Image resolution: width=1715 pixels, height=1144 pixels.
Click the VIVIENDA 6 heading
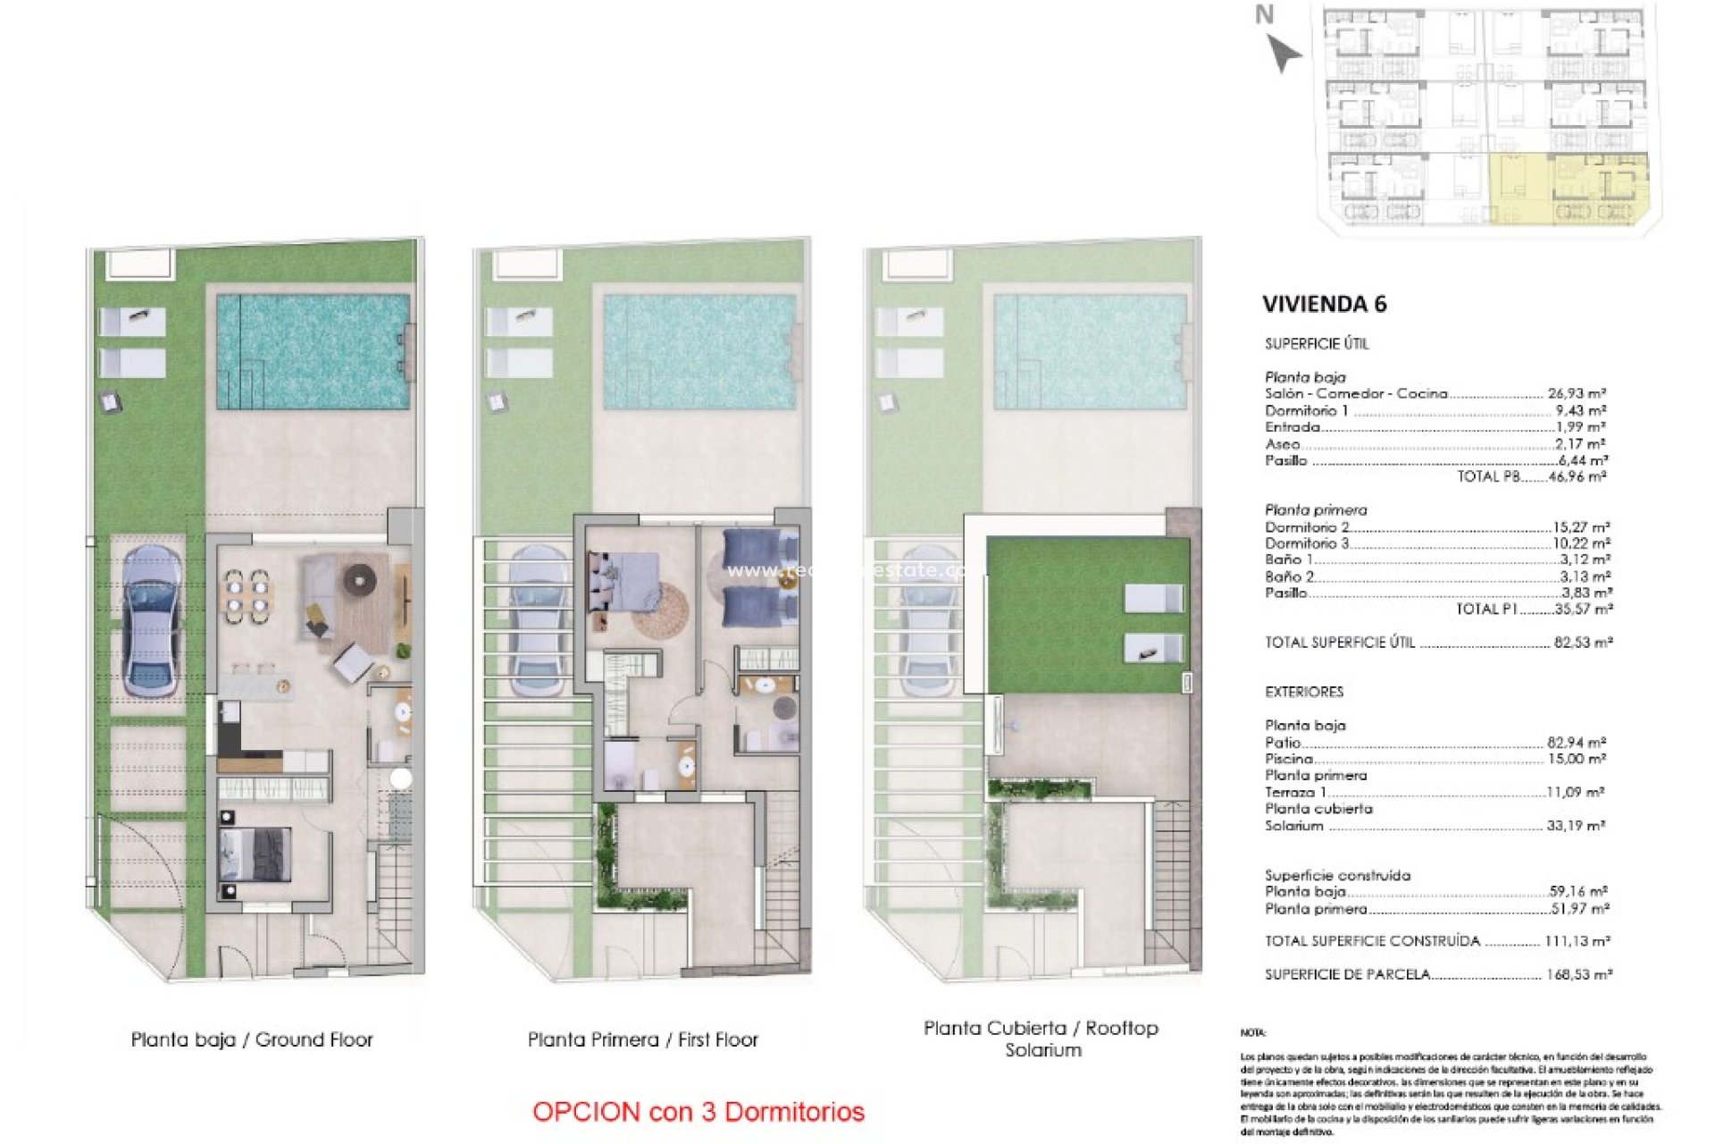click(x=1324, y=304)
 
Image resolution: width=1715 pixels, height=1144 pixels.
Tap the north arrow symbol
click(x=1284, y=53)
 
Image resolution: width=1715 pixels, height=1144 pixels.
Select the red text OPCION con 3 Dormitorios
click(x=698, y=1112)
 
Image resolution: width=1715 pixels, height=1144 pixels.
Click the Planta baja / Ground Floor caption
click(x=252, y=1039)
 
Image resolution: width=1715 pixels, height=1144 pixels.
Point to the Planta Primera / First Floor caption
click(x=642, y=1039)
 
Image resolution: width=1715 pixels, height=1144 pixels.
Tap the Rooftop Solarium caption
click(x=1042, y=1039)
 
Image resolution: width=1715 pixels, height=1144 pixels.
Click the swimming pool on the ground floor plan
click(x=314, y=351)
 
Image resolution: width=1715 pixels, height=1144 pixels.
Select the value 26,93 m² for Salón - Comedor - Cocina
click(x=1577, y=393)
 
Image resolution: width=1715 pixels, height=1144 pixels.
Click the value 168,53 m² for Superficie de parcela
click(x=1578, y=974)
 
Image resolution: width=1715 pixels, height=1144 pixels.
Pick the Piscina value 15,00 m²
click(x=1577, y=759)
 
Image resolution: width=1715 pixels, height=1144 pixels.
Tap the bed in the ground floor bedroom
click(x=255, y=854)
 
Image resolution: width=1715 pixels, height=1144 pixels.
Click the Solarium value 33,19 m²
click(x=1576, y=826)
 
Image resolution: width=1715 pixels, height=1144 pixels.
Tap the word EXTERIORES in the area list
click(x=1303, y=692)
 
